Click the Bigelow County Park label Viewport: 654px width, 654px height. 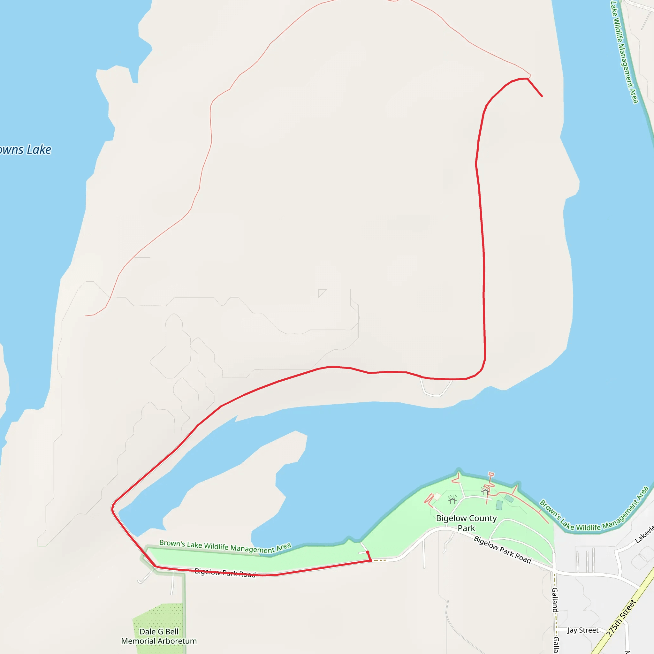point(466,523)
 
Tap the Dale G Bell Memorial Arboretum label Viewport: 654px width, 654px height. point(159,636)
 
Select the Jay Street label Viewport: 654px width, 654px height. point(583,630)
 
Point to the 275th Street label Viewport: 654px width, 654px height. point(621,618)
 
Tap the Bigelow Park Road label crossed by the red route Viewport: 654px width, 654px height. point(225,573)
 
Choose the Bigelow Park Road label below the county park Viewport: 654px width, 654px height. point(502,549)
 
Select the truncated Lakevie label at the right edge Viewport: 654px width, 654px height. point(644,534)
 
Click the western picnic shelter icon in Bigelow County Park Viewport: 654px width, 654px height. point(452,499)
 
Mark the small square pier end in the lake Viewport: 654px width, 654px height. point(491,474)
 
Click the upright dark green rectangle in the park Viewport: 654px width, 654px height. point(499,506)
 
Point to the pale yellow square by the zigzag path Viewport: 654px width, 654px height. point(437,497)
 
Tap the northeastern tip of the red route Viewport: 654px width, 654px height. point(542,96)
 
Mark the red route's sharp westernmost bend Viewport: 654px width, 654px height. point(112,508)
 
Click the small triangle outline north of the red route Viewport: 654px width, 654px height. point(321,293)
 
